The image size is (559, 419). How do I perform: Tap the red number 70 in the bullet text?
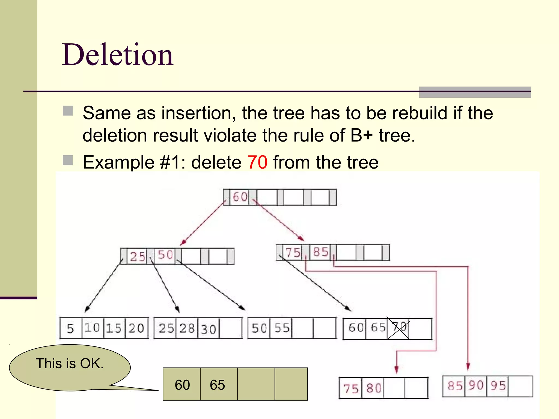257,162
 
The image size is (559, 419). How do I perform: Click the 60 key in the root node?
240,197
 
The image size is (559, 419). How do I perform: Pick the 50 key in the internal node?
165,255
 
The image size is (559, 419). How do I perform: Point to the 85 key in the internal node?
320,252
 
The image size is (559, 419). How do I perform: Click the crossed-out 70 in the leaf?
399,327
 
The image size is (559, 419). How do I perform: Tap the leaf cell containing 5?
70,328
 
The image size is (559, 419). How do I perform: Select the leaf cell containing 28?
187,328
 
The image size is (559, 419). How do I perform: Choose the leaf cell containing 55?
282,328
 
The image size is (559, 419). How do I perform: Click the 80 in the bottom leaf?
374,388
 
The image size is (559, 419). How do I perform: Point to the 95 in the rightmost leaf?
498,386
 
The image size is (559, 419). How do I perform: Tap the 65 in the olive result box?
217,385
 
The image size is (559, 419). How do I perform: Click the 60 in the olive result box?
182,385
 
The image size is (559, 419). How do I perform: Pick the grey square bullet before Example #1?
68,160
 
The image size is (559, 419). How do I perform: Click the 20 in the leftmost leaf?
136,328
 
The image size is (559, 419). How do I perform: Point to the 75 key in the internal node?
293,252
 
